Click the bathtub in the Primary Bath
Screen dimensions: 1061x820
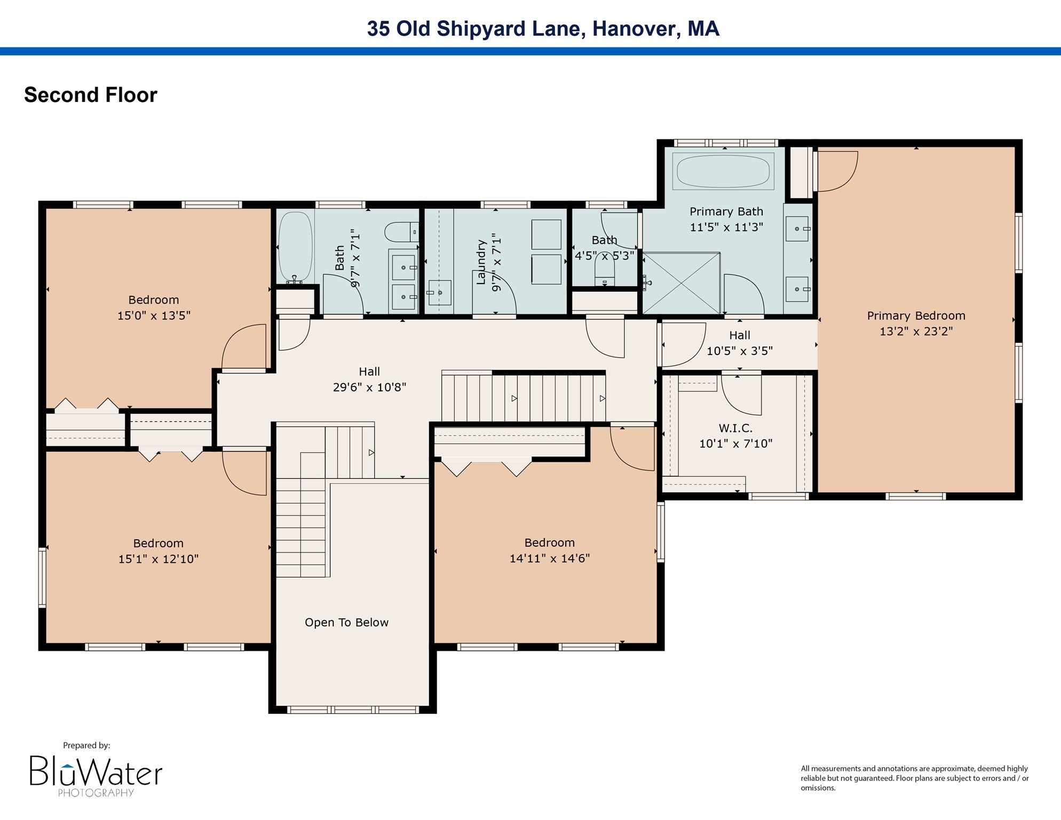click(723, 171)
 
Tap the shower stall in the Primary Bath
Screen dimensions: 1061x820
click(681, 283)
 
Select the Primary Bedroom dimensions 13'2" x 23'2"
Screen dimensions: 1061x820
click(916, 331)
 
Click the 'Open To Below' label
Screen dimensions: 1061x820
click(346, 622)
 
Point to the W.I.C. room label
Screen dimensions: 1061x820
click(735, 428)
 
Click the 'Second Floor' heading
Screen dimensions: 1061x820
click(91, 95)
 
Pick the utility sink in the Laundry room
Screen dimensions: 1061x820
click(439, 293)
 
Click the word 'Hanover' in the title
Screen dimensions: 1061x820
click(636, 29)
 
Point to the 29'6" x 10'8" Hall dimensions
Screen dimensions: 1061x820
click(369, 387)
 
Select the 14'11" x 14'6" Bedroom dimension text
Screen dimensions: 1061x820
click(550, 558)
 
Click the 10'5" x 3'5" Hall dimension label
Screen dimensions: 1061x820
click(740, 351)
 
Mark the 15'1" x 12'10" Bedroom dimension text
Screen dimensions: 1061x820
click(159, 559)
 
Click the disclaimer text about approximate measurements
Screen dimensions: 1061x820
click(915, 778)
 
